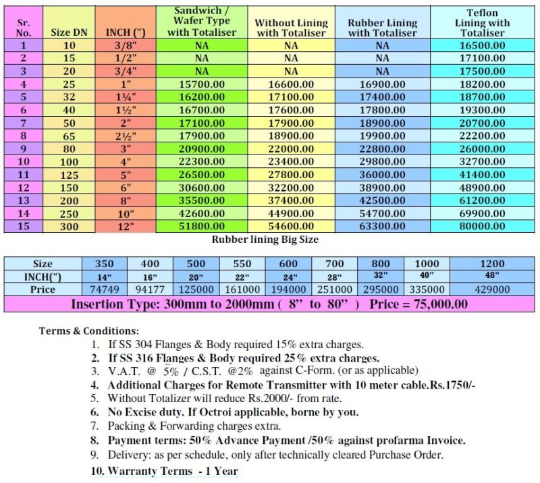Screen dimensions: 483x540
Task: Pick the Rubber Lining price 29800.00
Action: (382, 162)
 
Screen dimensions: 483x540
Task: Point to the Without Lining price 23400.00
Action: (290, 162)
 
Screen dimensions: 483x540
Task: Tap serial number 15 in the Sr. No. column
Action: (24, 227)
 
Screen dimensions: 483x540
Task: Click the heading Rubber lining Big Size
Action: (265, 239)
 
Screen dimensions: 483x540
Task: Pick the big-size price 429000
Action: (492, 289)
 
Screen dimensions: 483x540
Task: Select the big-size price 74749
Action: (104, 289)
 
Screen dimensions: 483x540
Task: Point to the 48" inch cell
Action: (492, 275)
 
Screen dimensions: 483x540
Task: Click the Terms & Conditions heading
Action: (89, 331)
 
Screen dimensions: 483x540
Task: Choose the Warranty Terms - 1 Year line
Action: (165, 470)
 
